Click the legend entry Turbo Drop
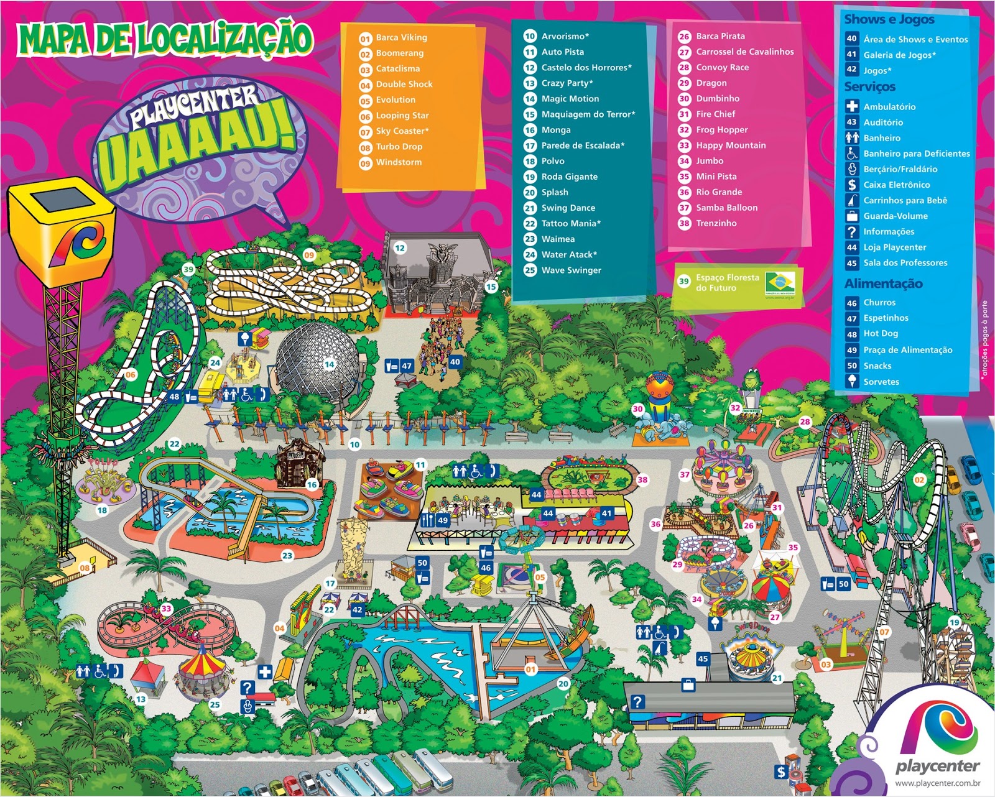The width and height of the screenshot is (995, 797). pos(399,147)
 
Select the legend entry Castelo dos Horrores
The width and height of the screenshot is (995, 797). pos(586,68)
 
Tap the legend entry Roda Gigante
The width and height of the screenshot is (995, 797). pos(569,177)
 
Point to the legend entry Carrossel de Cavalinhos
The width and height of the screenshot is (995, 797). pos(744,52)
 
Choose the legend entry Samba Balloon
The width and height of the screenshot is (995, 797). pos(726,208)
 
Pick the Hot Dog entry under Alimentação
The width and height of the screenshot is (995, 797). pos(880,334)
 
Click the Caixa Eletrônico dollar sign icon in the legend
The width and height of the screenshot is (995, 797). pos(852,185)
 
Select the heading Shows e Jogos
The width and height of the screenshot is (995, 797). pos(889,19)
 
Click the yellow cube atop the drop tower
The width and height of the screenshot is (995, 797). pos(62,218)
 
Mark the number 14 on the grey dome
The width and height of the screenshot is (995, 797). pos(329,365)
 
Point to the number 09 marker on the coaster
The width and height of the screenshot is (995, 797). pos(309,255)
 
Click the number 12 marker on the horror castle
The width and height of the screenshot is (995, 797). pos(399,248)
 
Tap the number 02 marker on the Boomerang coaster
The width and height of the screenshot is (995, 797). pos(919,480)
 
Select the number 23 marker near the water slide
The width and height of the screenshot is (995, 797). pos(287,556)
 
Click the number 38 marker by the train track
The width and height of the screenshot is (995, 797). pos(642,479)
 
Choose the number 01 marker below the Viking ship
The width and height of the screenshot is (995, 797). pos(530,670)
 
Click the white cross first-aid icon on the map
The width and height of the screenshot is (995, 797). pos(265,671)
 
